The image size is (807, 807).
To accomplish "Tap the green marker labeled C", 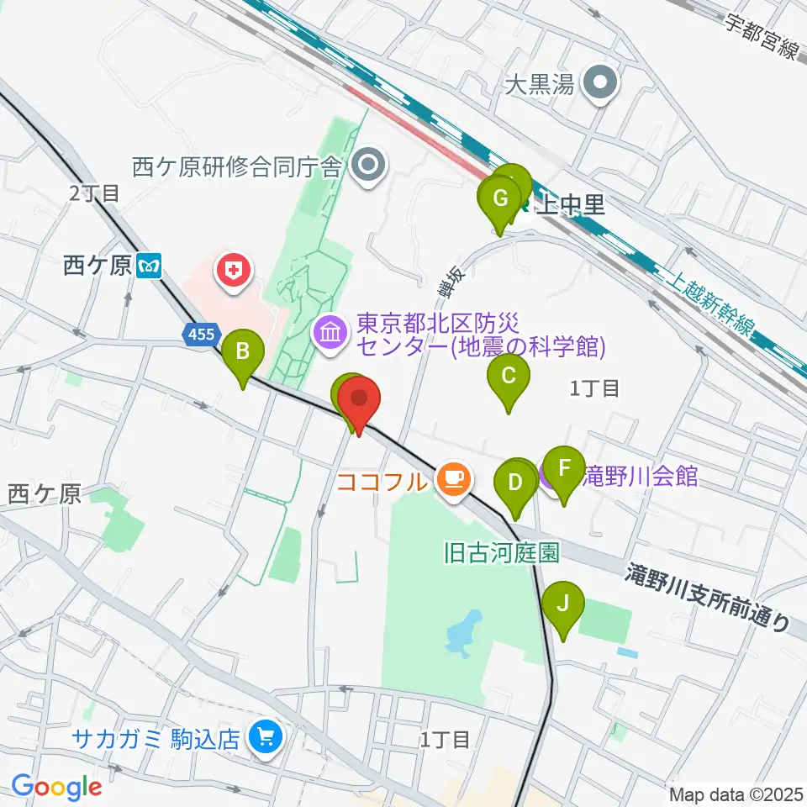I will [x=509, y=375].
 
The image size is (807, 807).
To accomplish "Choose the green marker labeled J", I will [x=563, y=604].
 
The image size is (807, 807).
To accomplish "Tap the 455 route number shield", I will [x=201, y=335].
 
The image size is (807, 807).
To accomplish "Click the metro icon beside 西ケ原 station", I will [x=152, y=266].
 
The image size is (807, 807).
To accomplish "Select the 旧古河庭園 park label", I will [x=501, y=553].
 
